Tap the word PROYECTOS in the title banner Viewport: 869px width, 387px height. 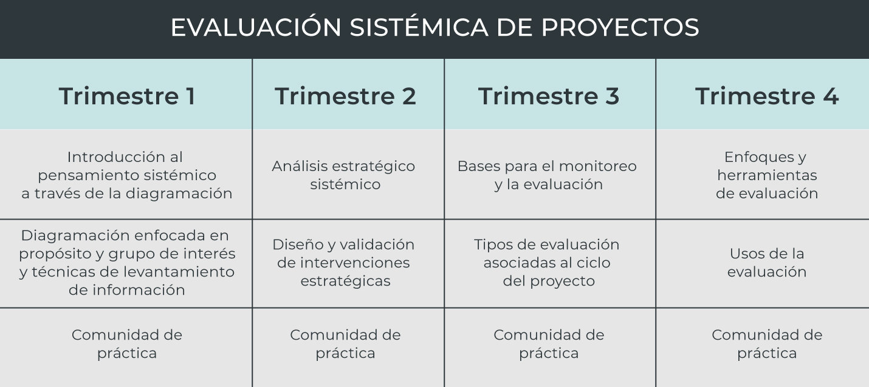[620, 27]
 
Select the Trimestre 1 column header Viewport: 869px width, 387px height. [127, 96]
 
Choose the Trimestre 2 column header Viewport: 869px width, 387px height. [345, 96]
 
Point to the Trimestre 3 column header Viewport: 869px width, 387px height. [549, 96]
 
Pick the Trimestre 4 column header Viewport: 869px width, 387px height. [767, 96]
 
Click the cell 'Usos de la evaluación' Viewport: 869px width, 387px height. [767, 263]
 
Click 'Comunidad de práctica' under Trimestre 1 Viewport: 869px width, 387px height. [127, 344]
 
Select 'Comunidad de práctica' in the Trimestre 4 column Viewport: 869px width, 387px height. [767, 344]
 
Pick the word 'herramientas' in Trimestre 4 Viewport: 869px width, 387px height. [767, 175]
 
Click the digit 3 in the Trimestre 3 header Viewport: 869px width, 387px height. [612, 96]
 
